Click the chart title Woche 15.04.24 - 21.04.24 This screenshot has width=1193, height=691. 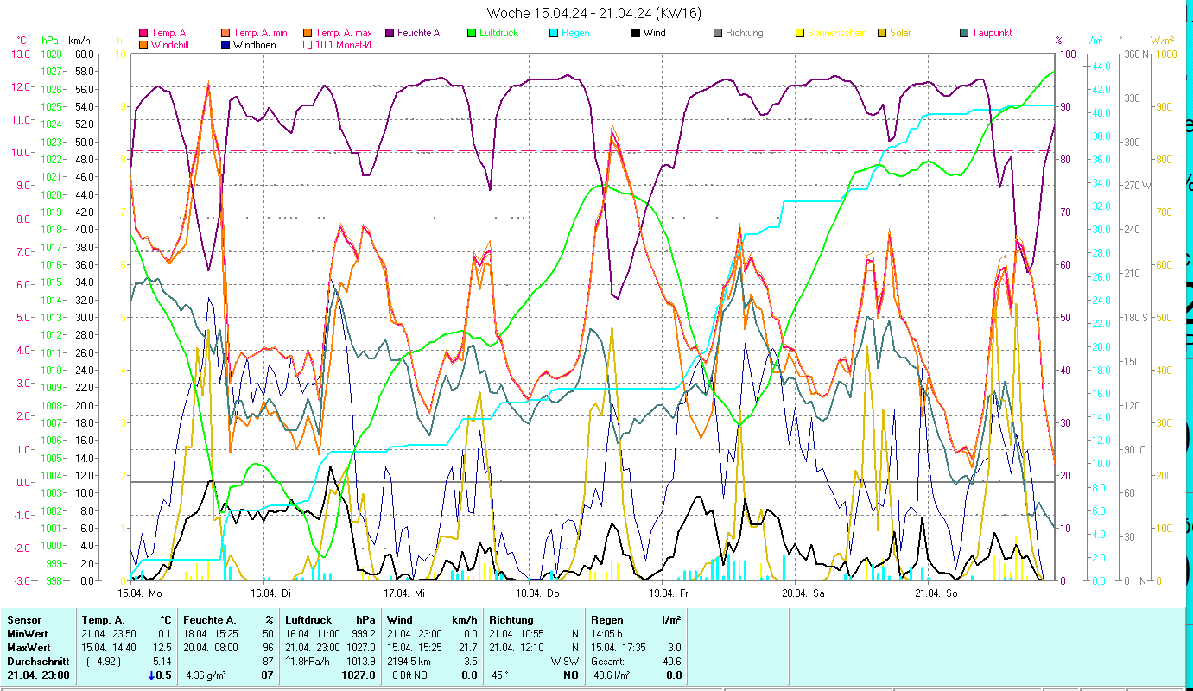tap(594, 12)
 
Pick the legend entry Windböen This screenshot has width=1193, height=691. tap(254, 44)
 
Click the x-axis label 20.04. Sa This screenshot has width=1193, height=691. tap(803, 593)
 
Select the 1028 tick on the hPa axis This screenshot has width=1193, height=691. tap(51, 54)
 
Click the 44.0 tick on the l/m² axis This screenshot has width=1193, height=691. tap(1101, 66)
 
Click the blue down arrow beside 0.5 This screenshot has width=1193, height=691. tap(152, 675)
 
